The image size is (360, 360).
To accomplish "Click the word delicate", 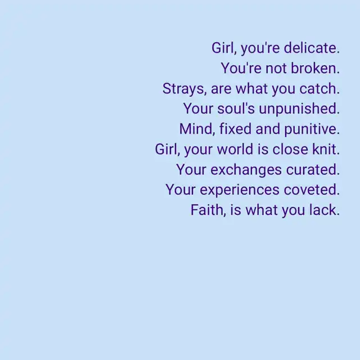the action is (x=312, y=48).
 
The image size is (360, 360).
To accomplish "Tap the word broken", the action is (x=315, y=68).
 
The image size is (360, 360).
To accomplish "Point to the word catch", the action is (x=319, y=88).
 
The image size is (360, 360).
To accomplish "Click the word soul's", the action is (x=236, y=109).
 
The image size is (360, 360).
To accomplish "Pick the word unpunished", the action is (x=299, y=109).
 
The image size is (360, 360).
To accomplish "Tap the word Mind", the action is (x=197, y=129).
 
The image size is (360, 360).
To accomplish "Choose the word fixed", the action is (x=235, y=129).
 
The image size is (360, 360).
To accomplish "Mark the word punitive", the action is (x=312, y=129).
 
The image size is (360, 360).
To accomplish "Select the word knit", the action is (x=326, y=149).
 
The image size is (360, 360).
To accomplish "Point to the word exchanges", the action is (x=246, y=170).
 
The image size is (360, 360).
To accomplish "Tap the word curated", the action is (x=313, y=169).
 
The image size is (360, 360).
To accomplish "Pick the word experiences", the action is (x=240, y=190).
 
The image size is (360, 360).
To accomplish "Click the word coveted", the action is (x=312, y=190).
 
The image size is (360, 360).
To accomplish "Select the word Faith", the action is (x=208, y=210).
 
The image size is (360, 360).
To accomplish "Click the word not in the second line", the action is (x=276, y=69).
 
